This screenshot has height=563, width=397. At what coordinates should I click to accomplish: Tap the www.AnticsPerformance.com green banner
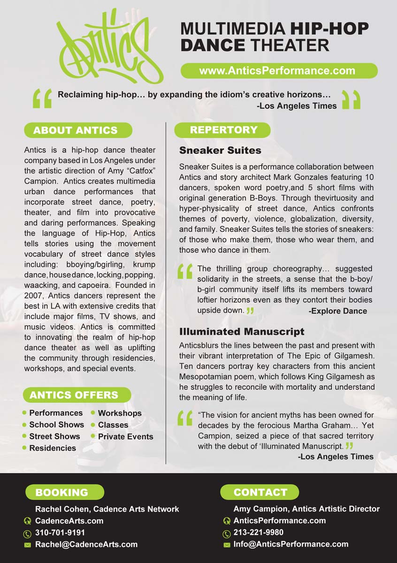(x=279, y=71)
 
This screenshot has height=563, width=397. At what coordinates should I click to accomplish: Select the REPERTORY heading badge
(x=223, y=130)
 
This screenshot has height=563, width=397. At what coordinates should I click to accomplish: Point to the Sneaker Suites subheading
(x=220, y=151)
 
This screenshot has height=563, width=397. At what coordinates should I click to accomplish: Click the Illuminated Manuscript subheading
(x=242, y=332)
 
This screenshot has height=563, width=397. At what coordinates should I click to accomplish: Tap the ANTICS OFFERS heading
(x=74, y=395)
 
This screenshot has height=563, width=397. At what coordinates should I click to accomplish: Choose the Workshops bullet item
(x=120, y=413)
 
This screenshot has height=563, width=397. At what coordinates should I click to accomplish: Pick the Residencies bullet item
(x=53, y=448)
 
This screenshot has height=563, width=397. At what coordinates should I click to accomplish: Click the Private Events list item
(x=125, y=436)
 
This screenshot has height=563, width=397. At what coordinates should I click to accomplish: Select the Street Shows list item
(x=54, y=436)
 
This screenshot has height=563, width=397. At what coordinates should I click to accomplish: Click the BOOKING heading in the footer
(x=62, y=492)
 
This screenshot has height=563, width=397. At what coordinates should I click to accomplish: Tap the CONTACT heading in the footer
(x=260, y=492)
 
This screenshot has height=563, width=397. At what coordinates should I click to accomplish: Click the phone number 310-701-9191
(x=60, y=533)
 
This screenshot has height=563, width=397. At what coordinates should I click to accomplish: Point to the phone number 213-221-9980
(x=259, y=533)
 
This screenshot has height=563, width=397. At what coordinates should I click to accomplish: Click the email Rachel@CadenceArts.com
(x=86, y=544)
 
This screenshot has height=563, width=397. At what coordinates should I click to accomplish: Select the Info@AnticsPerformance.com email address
(x=291, y=544)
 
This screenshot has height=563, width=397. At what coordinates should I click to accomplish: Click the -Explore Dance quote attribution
(x=338, y=311)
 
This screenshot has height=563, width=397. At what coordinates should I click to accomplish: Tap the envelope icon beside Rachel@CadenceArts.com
(x=27, y=545)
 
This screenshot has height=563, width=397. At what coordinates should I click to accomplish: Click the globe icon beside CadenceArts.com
(x=27, y=521)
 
